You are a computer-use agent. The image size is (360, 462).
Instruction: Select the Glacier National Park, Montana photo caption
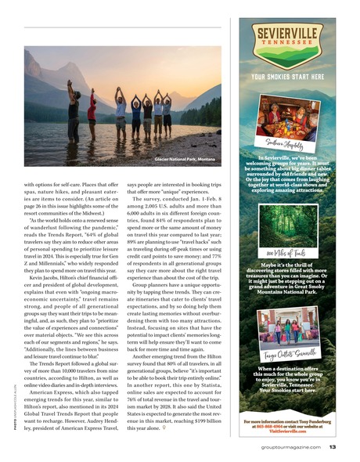tap(185, 158)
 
